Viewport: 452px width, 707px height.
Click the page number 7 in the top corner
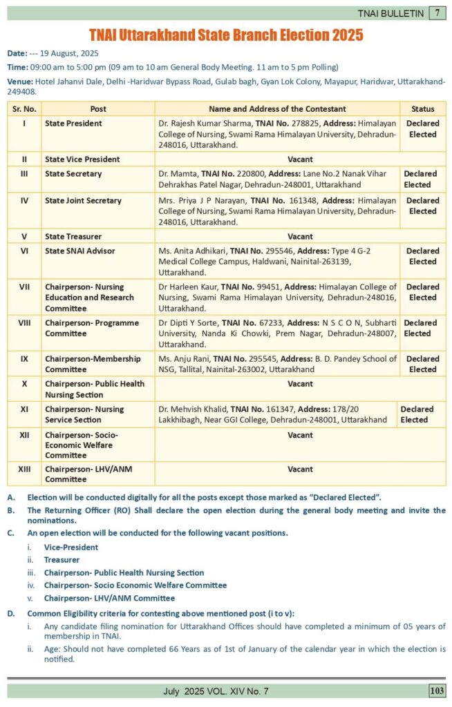click(437, 13)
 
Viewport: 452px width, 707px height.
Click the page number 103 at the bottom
click(437, 690)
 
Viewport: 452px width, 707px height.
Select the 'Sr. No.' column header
click(24, 109)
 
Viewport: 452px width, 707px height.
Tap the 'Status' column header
click(422, 109)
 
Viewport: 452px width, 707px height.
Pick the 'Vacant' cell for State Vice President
click(300, 159)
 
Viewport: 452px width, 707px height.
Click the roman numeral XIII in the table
click(24, 469)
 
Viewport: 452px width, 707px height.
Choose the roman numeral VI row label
click(24, 251)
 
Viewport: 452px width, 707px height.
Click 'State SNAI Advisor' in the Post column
click(80, 251)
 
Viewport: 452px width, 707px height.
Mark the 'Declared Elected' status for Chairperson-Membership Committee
click(422, 364)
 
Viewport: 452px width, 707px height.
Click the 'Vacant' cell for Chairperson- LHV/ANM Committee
click(300, 469)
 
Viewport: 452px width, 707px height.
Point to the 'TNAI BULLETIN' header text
click(390, 13)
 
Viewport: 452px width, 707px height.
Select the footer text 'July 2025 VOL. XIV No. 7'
click(216, 690)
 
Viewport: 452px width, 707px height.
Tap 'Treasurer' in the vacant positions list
click(62, 560)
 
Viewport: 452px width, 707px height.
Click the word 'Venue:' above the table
click(19, 81)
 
